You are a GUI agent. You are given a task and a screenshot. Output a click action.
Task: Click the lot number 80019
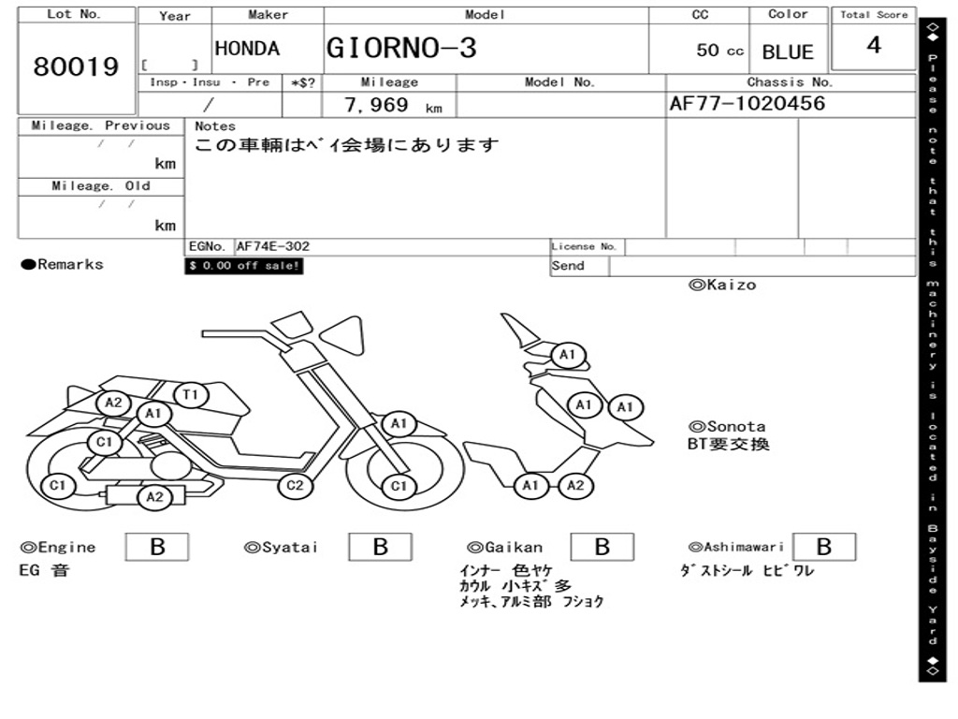click(77, 67)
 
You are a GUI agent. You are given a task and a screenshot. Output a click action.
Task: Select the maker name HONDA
click(247, 49)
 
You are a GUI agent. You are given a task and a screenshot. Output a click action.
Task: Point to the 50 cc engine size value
click(719, 51)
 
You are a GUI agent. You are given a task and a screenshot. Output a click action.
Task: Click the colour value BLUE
click(788, 52)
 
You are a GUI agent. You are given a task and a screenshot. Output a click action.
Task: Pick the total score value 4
click(874, 46)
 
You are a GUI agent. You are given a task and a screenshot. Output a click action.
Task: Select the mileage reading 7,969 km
click(392, 106)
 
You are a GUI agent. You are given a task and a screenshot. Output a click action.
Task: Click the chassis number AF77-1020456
click(748, 104)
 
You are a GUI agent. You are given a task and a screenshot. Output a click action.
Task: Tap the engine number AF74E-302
click(273, 247)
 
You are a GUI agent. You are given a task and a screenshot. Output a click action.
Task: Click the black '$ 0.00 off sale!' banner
click(244, 266)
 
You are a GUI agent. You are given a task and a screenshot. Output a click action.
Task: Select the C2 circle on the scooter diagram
click(295, 485)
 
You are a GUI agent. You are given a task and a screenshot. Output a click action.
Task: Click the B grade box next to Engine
click(157, 547)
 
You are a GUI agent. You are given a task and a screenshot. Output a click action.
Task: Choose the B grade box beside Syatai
click(380, 547)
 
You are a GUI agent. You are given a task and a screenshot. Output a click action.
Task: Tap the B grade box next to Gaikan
click(602, 547)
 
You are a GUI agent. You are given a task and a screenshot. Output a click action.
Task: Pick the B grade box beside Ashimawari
click(823, 547)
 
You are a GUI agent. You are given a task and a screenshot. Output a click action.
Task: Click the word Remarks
click(70, 265)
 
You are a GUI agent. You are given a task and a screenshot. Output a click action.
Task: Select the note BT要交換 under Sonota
click(729, 444)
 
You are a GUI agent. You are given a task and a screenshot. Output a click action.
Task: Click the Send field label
click(568, 266)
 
